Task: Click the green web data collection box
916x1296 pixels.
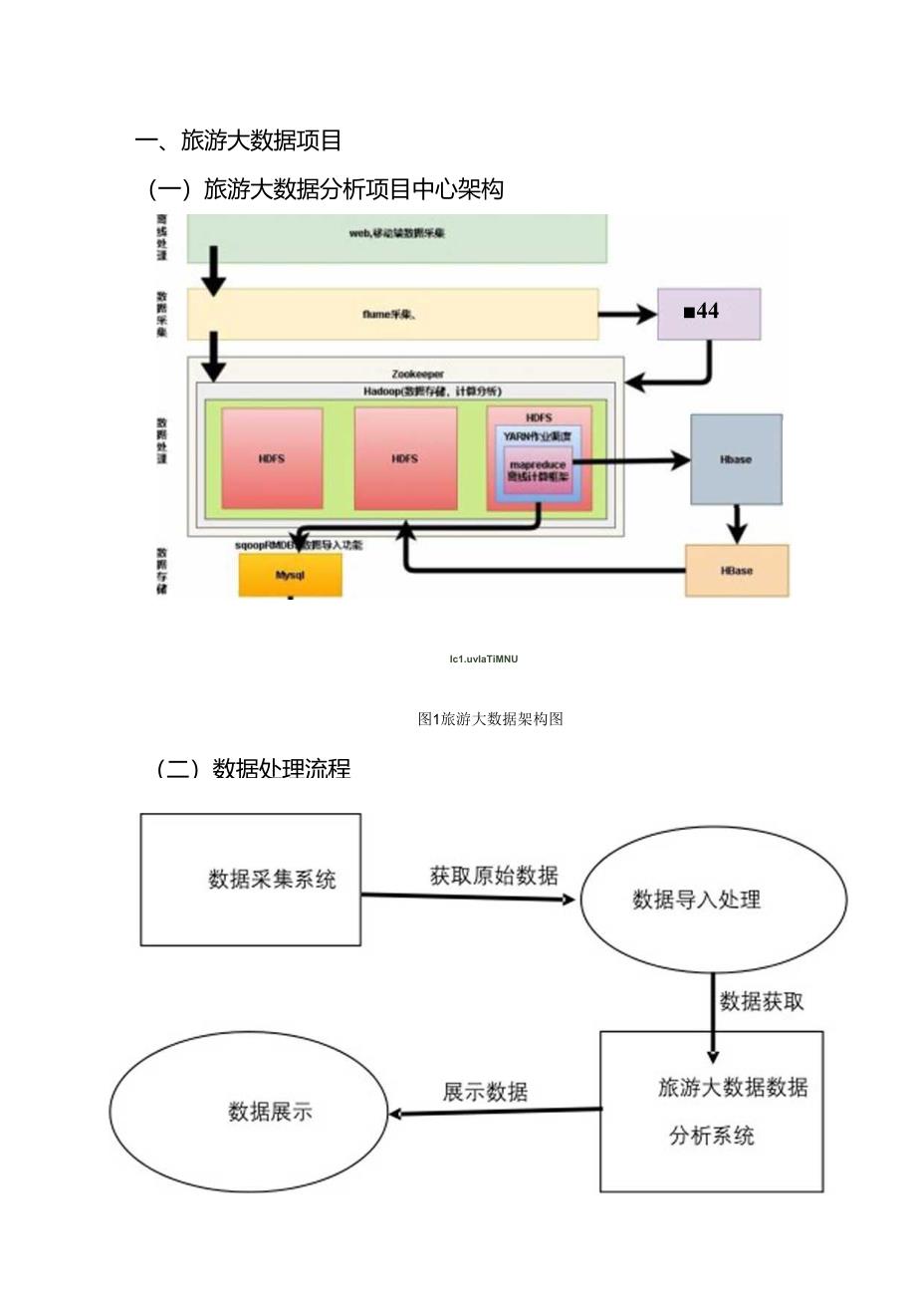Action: pos(396,237)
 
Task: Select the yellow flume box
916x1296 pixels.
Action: pos(392,314)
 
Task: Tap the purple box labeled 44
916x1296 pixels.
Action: pos(708,313)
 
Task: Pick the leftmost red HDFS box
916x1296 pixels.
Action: pos(272,458)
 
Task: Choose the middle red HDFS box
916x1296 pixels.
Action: pos(405,458)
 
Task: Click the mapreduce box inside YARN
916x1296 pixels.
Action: pos(537,470)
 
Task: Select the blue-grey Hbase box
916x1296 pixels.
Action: pos(736,459)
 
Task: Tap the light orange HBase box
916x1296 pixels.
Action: pos(736,571)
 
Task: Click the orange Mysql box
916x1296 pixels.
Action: pos(290,576)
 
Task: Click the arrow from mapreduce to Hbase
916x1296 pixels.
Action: pos(632,460)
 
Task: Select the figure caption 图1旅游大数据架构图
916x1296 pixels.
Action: pos(491,718)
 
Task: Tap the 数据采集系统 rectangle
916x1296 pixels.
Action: pos(250,879)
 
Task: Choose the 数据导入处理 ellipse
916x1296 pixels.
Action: pos(712,900)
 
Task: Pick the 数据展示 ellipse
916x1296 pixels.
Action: pos(248,1111)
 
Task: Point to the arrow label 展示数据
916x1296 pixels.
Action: pos(485,1091)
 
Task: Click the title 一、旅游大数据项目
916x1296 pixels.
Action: pos(238,140)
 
